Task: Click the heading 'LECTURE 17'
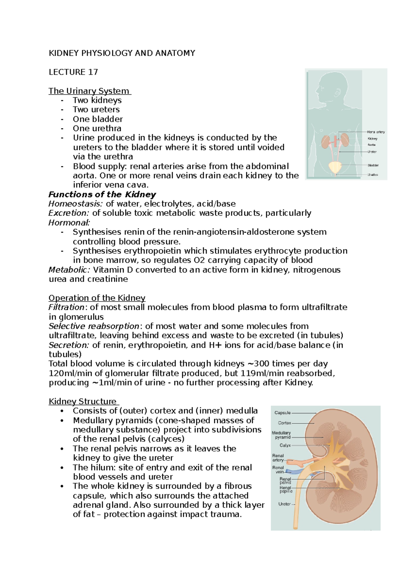pyautogui.click(x=73, y=72)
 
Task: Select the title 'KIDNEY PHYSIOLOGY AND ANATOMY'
pyautogui.click(x=122, y=53)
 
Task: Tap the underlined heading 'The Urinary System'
pyautogui.click(x=89, y=91)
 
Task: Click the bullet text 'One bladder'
pyautogui.click(x=98, y=119)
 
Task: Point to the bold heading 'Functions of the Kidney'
pyautogui.click(x=102, y=194)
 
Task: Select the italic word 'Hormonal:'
pyautogui.click(x=69, y=222)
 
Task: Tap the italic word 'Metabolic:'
pyautogui.click(x=69, y=270)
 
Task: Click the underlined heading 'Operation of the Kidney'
pyautogui.click(x=97, y=298)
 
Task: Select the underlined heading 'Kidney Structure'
pyautogui.click(x=83, y=401)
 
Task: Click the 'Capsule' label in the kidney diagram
pyautogui.click(x=282, y=413)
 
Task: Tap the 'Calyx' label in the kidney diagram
pyautogui.click(x=285, y=445)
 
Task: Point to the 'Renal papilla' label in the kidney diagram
pyautogui.click(x=286, y=489)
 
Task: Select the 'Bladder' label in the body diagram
pyautogui.click(x=373, y=165)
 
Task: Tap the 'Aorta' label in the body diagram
pyautogui.click(x=371, y=145)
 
